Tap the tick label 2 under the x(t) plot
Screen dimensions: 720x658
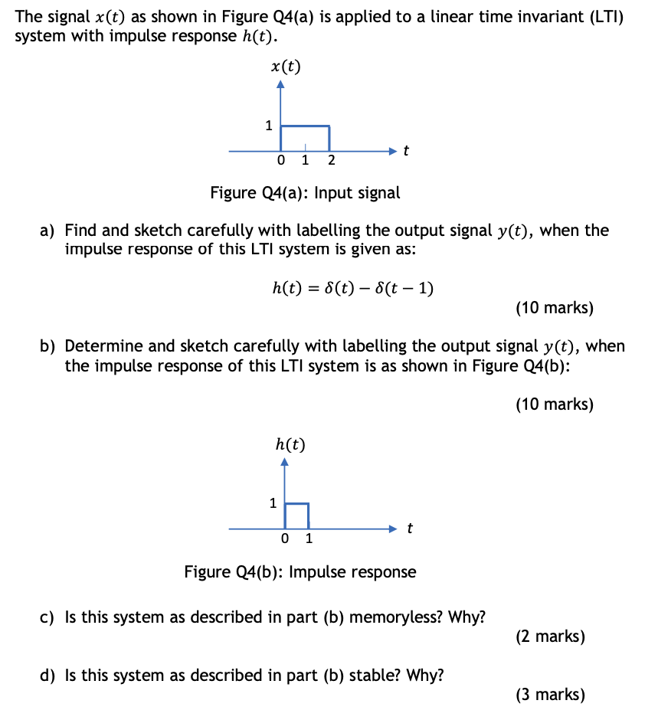pos(331,161)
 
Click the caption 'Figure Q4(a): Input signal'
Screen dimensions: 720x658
pos(305,192)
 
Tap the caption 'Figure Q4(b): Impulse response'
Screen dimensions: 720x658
pos(300,571)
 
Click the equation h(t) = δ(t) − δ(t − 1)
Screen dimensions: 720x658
pos(353,288)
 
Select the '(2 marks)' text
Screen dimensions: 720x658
pos(551,637)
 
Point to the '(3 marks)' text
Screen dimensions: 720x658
pos(551,695)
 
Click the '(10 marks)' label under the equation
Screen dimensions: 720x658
pos(555,308)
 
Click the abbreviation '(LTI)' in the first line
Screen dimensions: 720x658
pos(599,17)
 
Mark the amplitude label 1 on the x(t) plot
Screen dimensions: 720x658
pos(268,126)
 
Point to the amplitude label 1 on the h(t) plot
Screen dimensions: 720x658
pos(272,503)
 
